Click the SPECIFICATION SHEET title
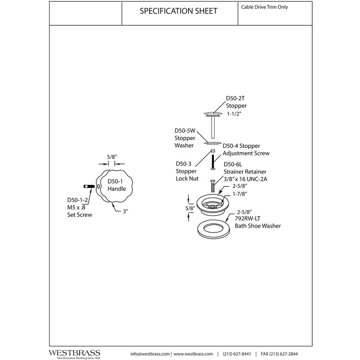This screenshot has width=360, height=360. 178,11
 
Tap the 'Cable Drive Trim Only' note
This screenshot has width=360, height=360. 264,7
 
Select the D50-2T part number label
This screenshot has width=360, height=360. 235,98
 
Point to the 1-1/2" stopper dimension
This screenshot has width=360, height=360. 234,114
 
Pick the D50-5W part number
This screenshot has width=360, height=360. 185,130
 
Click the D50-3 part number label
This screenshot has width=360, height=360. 184,164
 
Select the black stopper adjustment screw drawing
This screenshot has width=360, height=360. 213,162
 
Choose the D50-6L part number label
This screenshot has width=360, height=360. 233,164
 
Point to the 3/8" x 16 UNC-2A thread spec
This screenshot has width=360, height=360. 245,179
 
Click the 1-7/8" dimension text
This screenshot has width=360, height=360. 240,194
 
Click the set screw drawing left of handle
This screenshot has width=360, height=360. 89,186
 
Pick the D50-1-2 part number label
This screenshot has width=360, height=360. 77,200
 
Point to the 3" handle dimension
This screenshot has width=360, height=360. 126,211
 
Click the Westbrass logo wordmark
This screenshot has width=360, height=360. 74,353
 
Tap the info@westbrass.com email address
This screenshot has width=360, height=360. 150,354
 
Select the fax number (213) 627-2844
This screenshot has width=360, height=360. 279,354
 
